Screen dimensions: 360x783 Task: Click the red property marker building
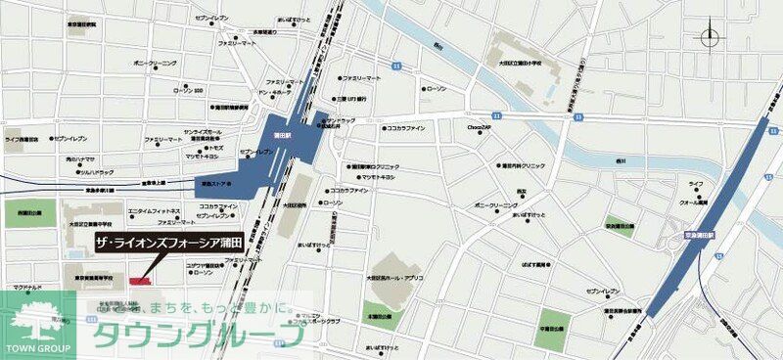click(x=139, y=281)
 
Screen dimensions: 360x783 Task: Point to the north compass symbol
click(x=708, y=38)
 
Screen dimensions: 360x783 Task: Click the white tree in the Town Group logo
click(x=32, y=315)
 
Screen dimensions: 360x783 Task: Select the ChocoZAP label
click(x=478, y=126)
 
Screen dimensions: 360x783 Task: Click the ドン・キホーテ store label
click(x=276, y=93)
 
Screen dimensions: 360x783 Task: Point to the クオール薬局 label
click(x=698, y=201)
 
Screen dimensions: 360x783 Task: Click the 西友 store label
click(x=522, y=191)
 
